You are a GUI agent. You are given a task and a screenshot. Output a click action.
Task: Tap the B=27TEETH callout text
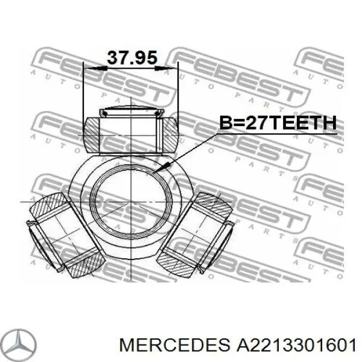[276, 124]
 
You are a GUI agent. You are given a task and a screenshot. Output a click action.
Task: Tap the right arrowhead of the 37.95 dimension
[174, 68]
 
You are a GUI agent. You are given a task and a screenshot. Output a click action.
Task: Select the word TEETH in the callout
[298, 124]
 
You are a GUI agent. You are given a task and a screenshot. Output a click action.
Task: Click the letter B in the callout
[224, 124]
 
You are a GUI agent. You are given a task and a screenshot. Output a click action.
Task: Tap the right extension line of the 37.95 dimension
[179, 91]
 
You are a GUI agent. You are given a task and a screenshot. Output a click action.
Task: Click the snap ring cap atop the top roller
[132, 110]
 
